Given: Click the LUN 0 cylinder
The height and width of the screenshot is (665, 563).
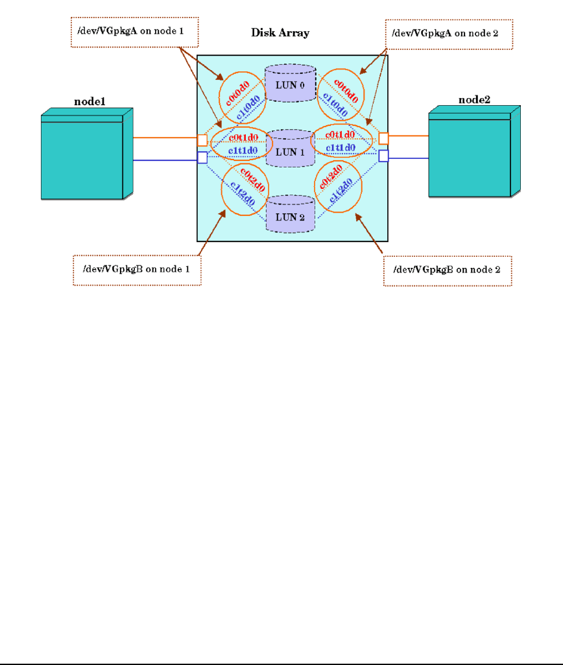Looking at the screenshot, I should pyautogui.click(x=289, y=84).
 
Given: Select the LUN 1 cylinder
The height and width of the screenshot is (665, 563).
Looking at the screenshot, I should pyautogui.click(x=289, y=152).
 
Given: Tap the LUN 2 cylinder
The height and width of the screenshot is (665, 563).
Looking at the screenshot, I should pyautogui.click(x=289, y=217).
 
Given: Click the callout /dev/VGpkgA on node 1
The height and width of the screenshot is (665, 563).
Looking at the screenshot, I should pyautogui.click(x=134, y=30).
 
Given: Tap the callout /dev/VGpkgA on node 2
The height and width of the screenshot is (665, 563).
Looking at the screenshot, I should pyautogui.click(x=448, y=33).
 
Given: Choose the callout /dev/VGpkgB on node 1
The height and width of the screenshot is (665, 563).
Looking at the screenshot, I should pyautogui.click(x=137, y=269).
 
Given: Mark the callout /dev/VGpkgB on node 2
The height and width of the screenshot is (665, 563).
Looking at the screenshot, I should pyautogui.click(x=448, y=269).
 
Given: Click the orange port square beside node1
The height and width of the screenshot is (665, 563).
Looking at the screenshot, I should pyautogui.click(x=202, y=140).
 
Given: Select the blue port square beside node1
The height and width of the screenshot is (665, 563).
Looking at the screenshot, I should pyautogui.click(x=202, y=157).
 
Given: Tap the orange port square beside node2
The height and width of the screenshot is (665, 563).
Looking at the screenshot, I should pyautogui.click(x=384, y=138).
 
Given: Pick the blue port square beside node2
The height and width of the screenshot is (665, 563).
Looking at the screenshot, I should pyautogui.click(x=384, y=156).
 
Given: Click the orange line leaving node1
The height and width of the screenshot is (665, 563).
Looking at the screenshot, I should pyautogui.click(x=165, y=138).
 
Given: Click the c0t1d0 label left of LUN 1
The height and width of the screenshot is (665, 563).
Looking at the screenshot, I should pyautogui.click(x=243, y=138).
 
